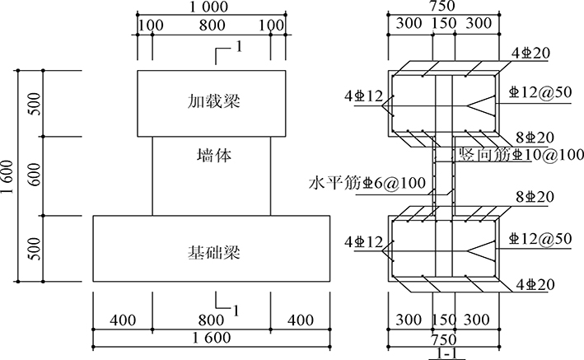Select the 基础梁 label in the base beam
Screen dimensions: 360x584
pyautogui.click(x=213, y=250)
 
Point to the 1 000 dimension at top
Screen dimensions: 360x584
pyautogui.click(x=213, y=8)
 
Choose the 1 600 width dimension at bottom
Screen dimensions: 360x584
pyautogui.click(x=213, y=338)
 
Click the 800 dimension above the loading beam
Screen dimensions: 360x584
pyautogui.click(x=213, y=26)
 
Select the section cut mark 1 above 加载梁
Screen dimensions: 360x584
pyautogui.click(x=238, y=46)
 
